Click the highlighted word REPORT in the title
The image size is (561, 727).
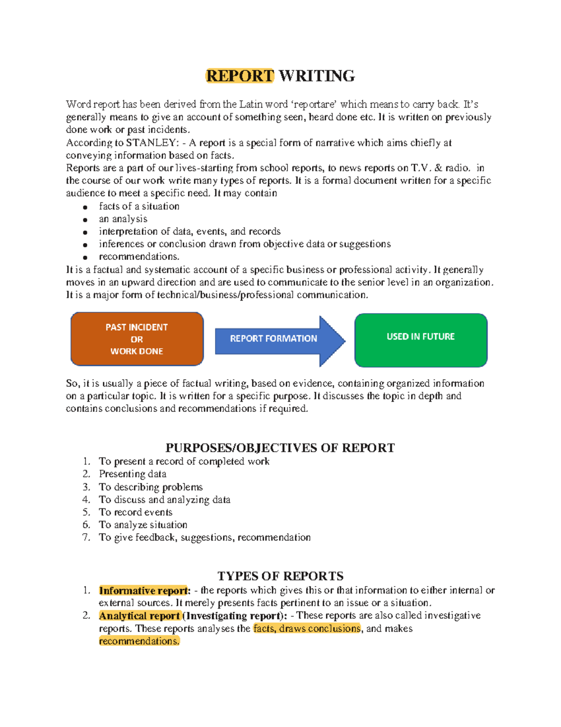(240, 76)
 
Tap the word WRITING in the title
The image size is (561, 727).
(316, 76)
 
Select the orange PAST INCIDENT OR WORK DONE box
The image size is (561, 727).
(137, 339)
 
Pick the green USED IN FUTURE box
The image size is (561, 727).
(421, 339)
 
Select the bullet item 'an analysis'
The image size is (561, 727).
(123, 219)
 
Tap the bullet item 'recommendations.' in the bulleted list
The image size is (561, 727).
(139, 257)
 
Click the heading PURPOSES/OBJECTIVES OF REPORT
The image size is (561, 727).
(280, 448)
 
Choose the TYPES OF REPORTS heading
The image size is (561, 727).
(280, 576)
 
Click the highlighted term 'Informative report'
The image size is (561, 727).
(143, 591)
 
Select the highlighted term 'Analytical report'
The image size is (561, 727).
(139, 616)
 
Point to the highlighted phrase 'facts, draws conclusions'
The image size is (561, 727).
(307, 629)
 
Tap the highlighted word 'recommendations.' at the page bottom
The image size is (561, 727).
(139, 641)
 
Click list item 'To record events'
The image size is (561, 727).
(136, 512)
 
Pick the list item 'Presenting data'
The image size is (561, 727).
(132, 474)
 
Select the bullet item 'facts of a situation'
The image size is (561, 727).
(139, 206)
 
